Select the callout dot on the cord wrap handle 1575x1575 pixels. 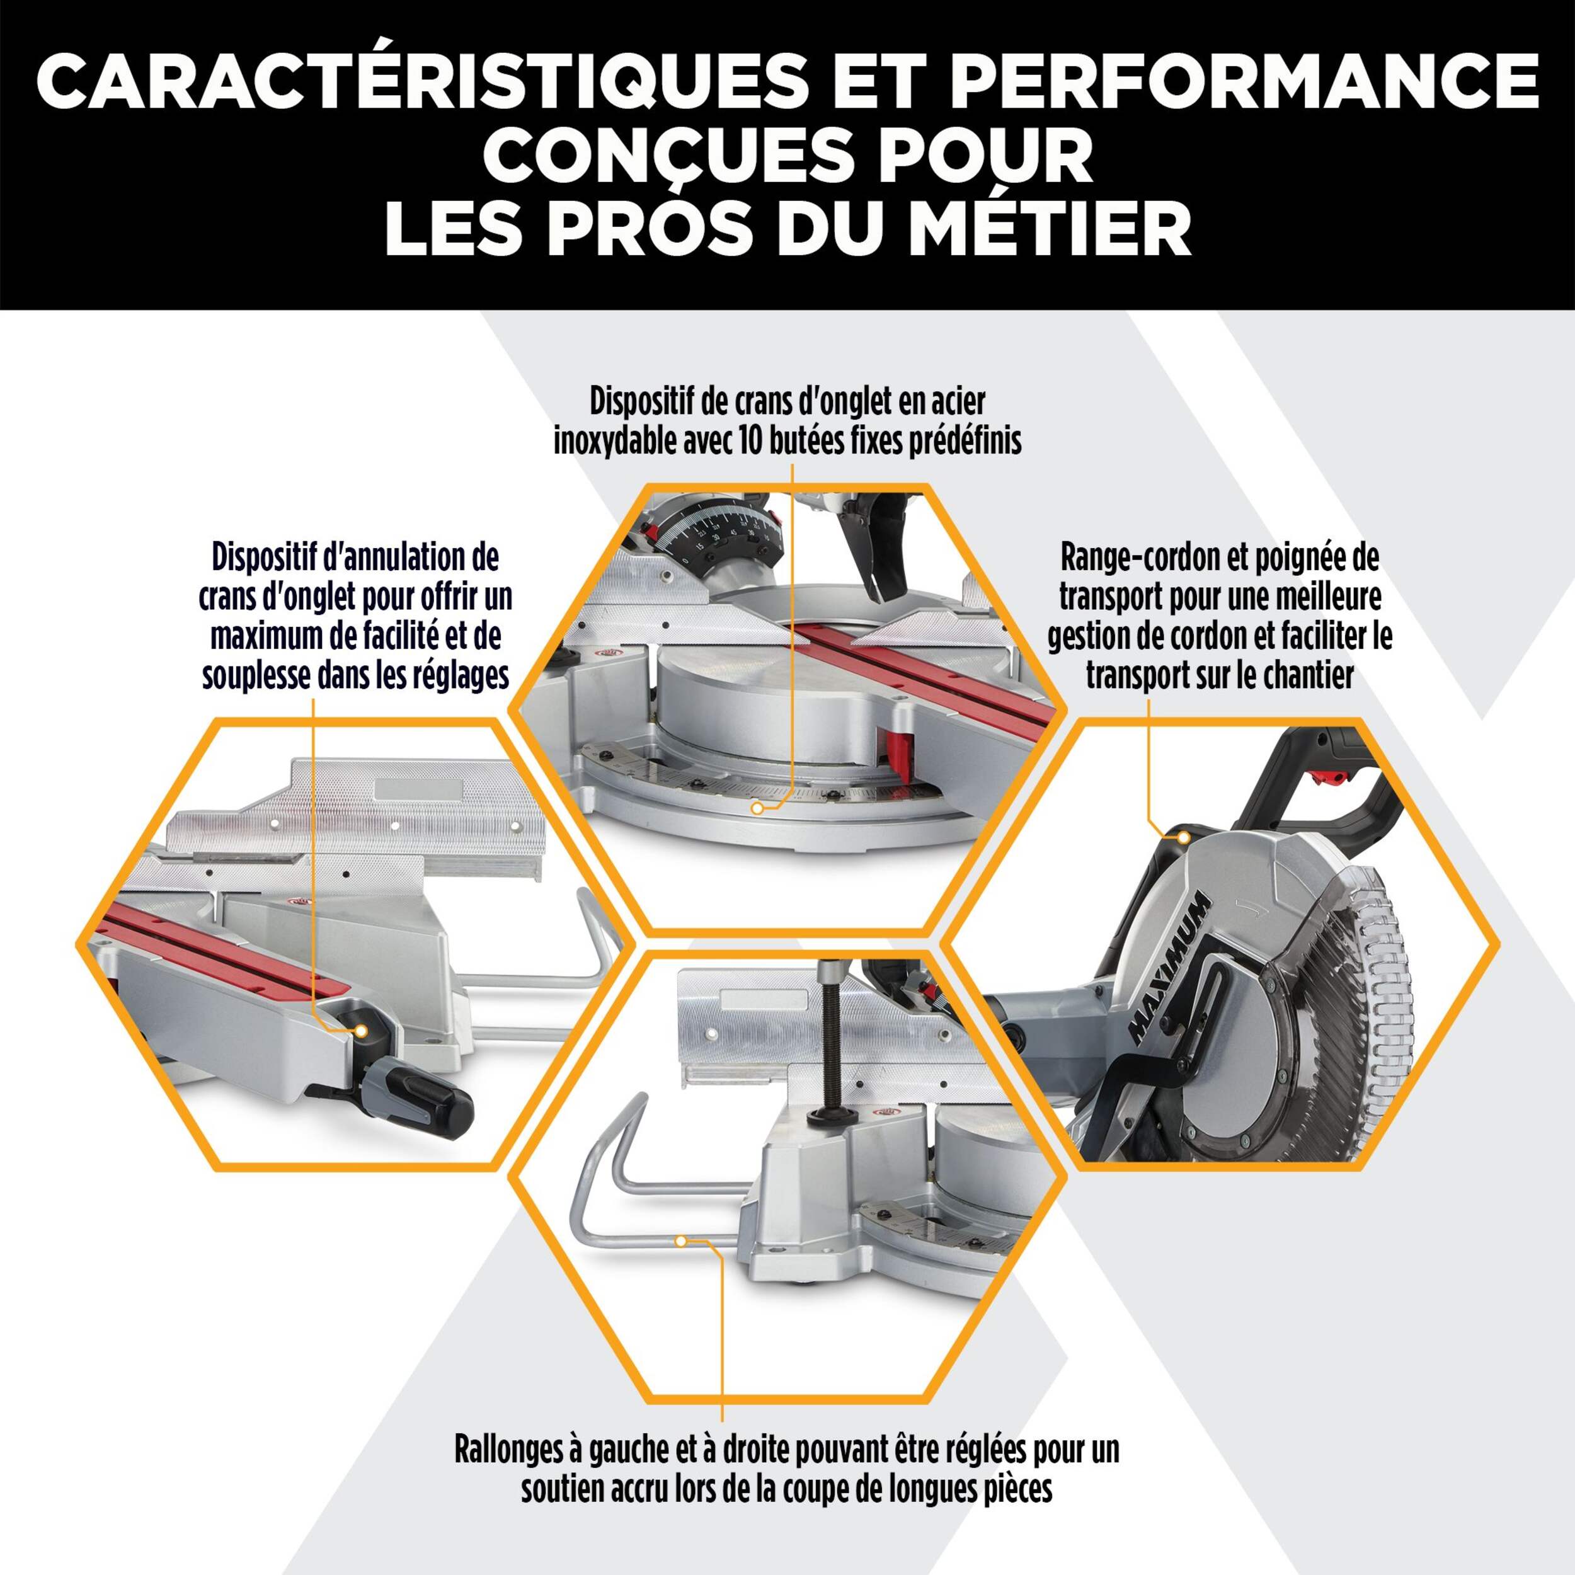pos(1183,837)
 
